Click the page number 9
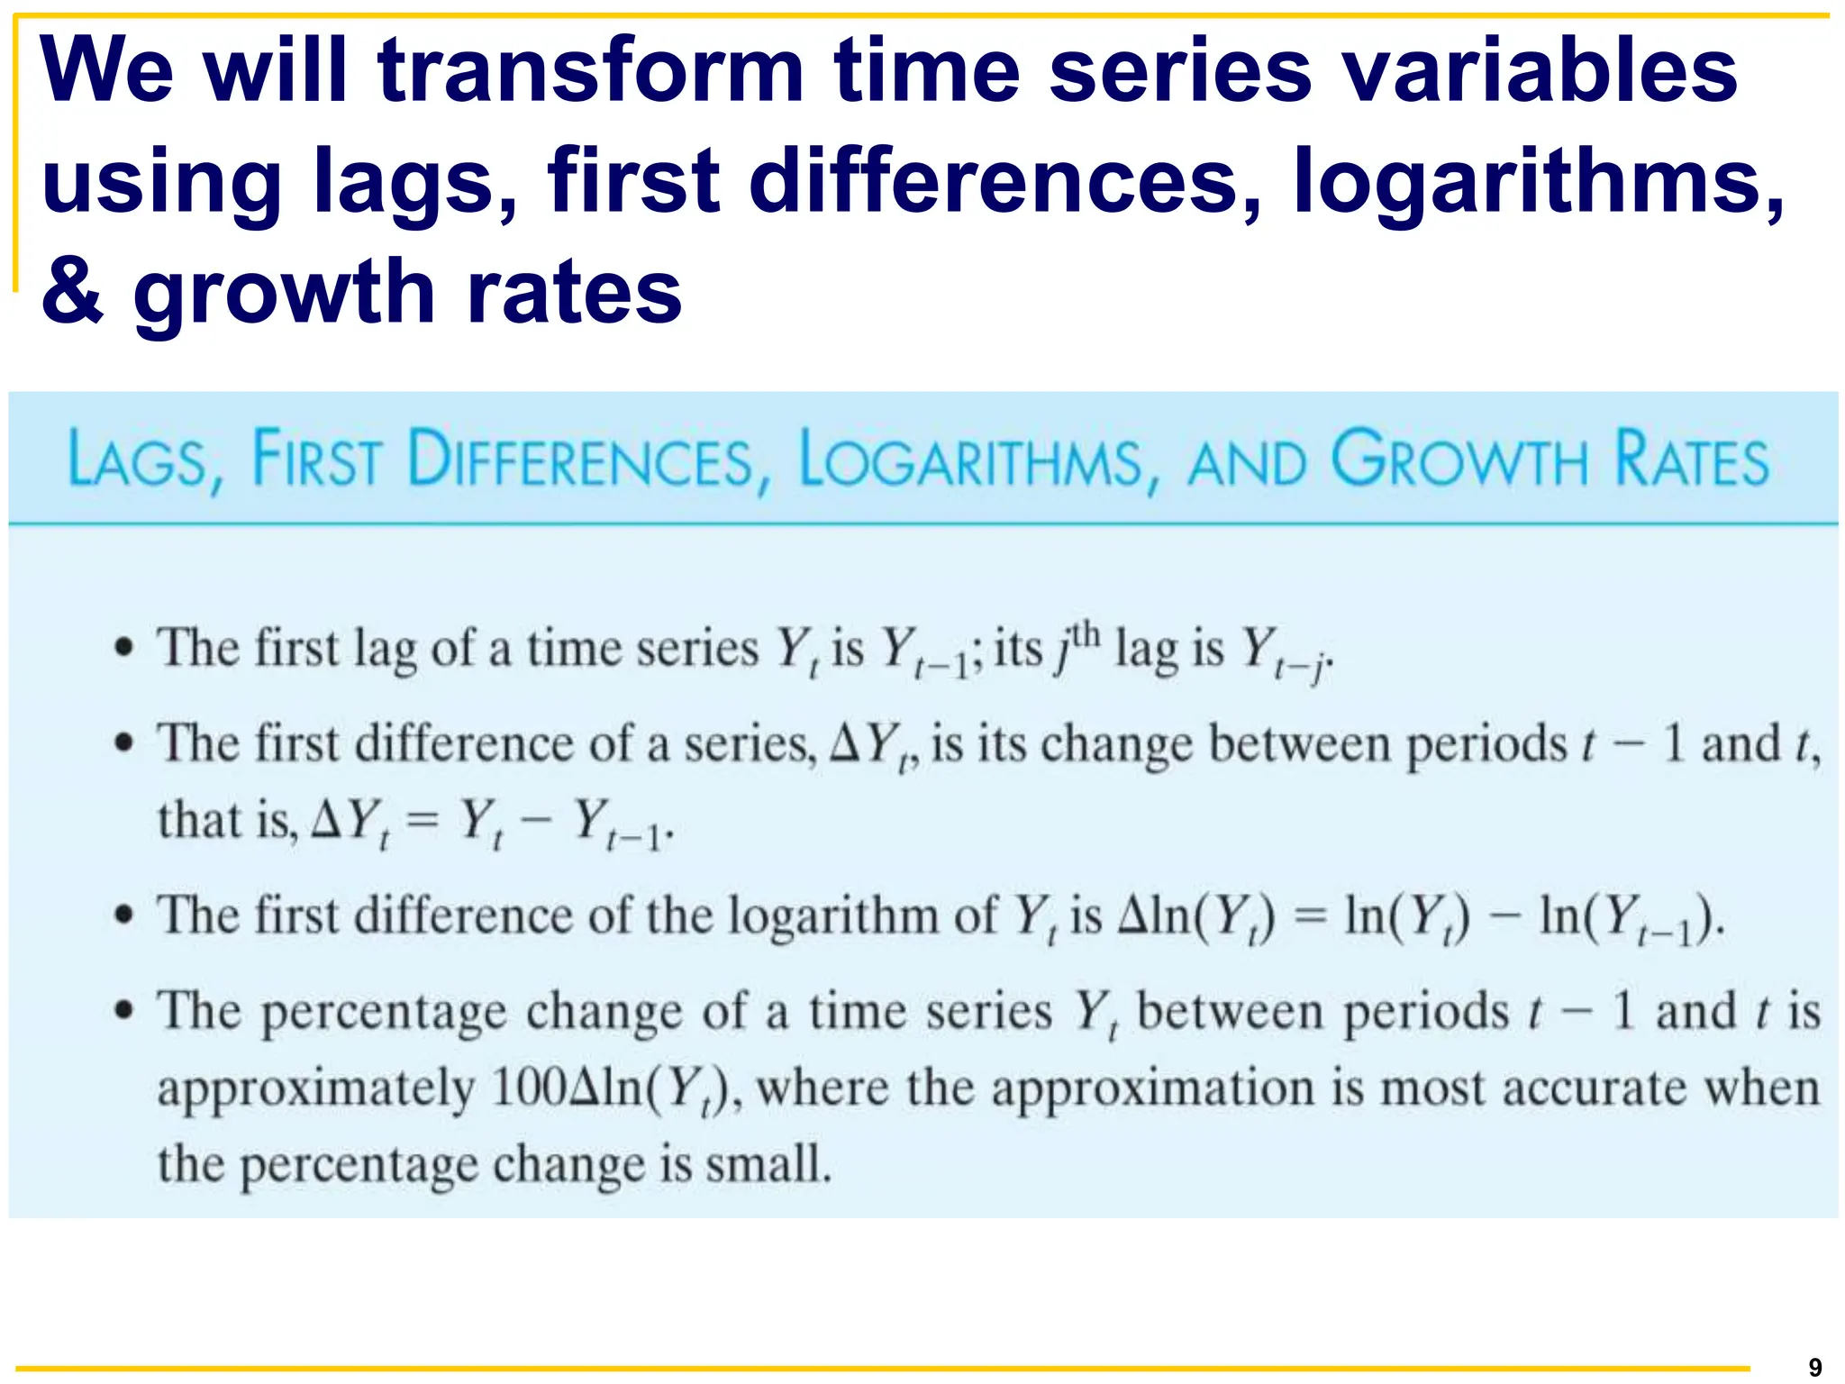[1815, 1367]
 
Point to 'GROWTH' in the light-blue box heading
[1459, 460]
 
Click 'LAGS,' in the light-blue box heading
[145, 460]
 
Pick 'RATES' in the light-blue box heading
[1692, 460]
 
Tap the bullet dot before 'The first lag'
[125, 648]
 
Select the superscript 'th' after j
[1086, 634]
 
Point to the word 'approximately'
[315, 1090]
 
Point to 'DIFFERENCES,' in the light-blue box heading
[590, 460]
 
